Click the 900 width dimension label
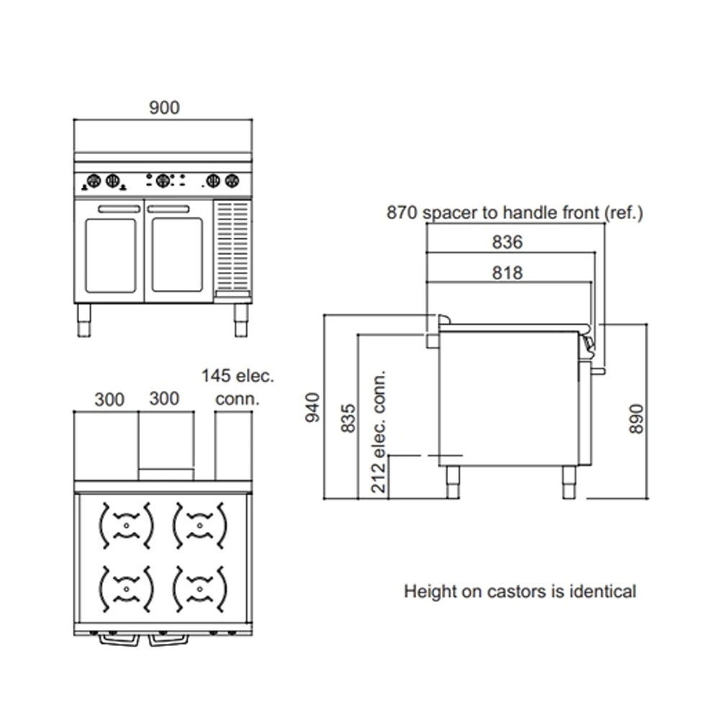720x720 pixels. click(x=164, y=107)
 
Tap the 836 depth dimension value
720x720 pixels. click(x=508, y=242)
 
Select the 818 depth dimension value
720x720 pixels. click(x=508, y=273)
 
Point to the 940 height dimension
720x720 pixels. click(x=312, y=408)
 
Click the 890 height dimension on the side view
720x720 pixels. click(x=636, y=418)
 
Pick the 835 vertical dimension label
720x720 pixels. click(x=348, y=418)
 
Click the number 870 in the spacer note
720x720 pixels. click(x=402, y=212)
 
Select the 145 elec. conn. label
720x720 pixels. click(x=238, y=387)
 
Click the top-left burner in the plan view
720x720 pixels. click(x=126, y=526)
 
